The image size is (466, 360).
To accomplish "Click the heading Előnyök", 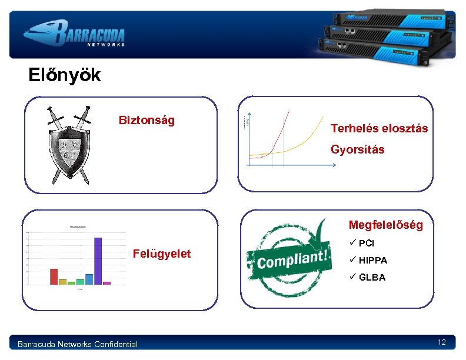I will pos(65,75).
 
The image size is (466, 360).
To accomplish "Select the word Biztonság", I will pos(147,121).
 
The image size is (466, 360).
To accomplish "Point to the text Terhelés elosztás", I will pos(379,128).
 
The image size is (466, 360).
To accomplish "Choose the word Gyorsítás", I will pos(357,149).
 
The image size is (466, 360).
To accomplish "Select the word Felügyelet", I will pos(162,254).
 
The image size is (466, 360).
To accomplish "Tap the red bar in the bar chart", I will pos(54,276).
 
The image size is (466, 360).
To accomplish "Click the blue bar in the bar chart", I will pos(89,279).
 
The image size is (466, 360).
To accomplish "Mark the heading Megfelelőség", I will pos(385,225).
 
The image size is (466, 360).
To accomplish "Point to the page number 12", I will pos(441,342).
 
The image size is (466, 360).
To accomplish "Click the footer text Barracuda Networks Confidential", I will pos(78,344).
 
